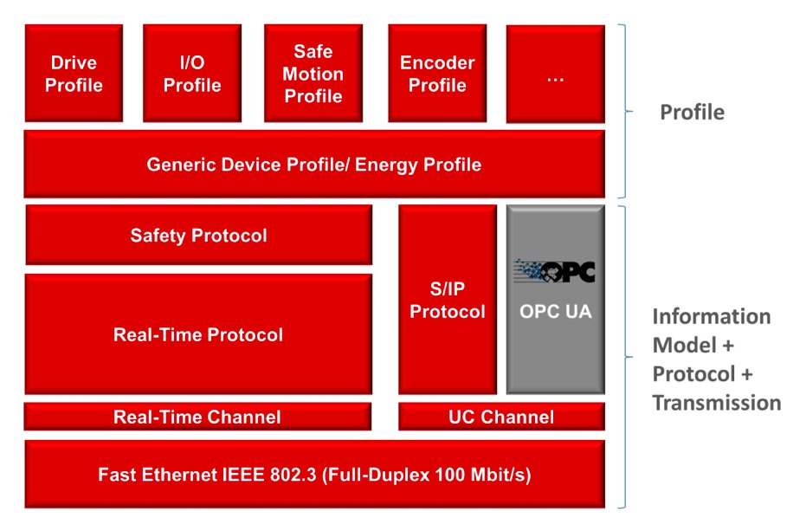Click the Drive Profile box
(74, 74)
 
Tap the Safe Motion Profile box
(313, 74)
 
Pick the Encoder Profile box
(437, 74)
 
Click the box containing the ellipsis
(555, 75)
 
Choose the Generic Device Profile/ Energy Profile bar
(313, 165)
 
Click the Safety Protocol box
(198, 236)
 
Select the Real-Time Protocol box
(198, 334)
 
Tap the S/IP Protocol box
(448, 300)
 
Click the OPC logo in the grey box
(555, 271)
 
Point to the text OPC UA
(555, 312)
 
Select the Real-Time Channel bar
(197, 417)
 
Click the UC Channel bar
(501, 417)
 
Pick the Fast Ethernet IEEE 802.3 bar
(313, 475)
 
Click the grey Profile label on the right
(692, 113)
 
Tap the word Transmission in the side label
(716, 403)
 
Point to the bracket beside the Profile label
(625, 112)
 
